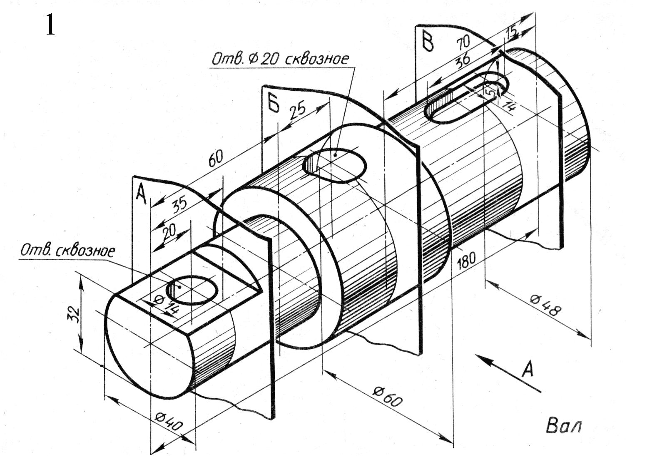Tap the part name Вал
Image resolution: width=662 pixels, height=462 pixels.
tap(563, 426)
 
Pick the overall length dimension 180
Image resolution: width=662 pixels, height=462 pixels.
tap(466, 260)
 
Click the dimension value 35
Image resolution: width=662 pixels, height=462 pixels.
tap(180, 204)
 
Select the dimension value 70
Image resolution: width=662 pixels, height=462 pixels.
tap(463, 42)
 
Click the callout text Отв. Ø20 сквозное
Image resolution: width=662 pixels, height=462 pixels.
tap(280, 59)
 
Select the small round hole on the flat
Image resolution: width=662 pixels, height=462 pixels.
tap(192, 291)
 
